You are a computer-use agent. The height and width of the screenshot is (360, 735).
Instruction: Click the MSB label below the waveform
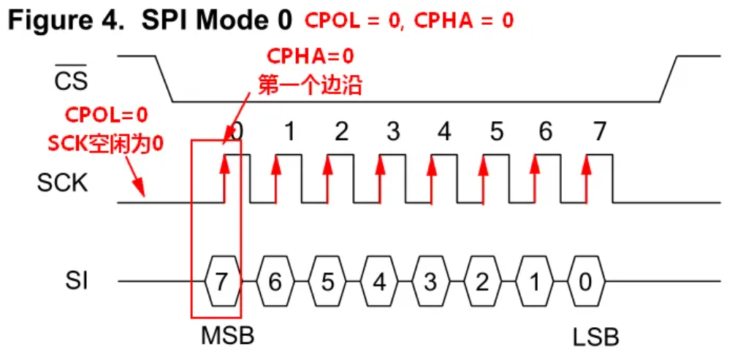pos(227,337)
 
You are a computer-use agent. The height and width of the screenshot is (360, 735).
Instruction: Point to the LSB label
pos(596,337)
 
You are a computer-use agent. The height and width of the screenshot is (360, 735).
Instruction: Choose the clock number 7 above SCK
pos(599,133)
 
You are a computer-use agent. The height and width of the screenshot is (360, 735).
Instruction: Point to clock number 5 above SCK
pos(497,133)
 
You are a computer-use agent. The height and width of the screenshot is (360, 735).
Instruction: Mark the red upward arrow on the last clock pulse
pos(586,175)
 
